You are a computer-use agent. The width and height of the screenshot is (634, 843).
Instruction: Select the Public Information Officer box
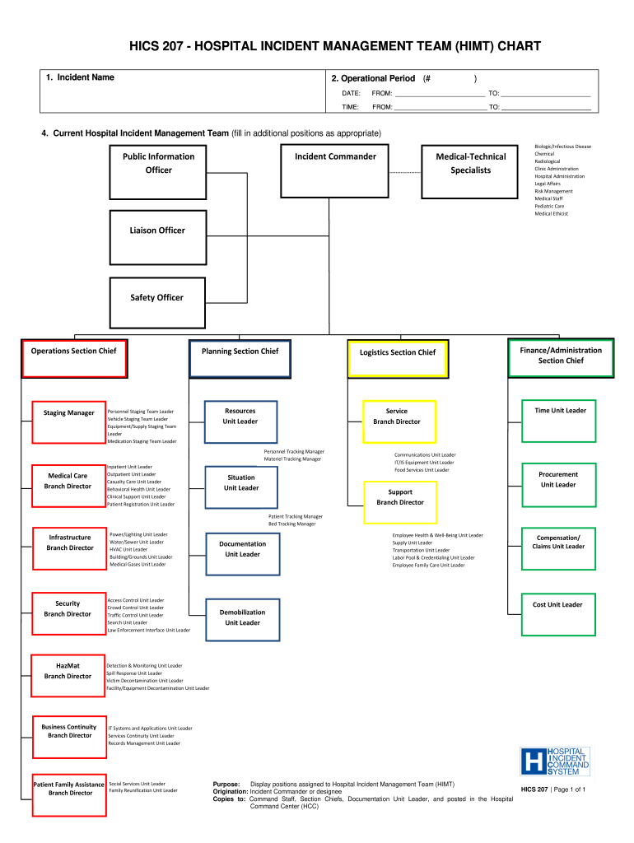coord(159,171)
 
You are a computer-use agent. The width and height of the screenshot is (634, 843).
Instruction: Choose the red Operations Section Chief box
coord(74,358)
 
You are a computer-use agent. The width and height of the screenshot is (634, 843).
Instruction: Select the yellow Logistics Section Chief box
coord(398,358)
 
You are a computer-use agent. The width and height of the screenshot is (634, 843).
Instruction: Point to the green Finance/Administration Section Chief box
coord(561,357)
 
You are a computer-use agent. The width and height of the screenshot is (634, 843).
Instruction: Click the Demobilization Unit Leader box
coord(242,617)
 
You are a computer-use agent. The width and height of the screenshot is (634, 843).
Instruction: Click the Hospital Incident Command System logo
coord(555,761)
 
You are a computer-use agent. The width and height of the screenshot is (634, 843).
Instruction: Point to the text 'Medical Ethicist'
coord(551,214)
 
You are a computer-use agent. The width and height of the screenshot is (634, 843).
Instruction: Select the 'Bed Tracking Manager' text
coord(291,524)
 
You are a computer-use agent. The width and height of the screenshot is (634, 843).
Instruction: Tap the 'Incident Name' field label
coord(80,77)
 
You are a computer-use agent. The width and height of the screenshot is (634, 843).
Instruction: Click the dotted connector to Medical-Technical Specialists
coord(405,173)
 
